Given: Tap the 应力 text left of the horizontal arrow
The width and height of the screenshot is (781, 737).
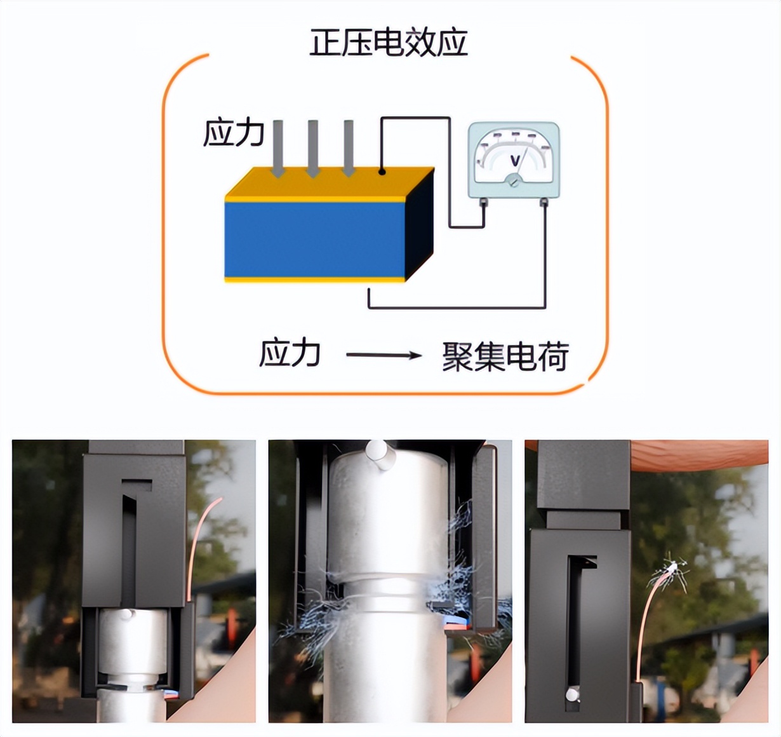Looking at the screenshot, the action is click(x=290, y=353).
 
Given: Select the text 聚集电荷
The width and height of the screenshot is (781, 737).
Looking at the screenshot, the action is click(x=505, y=356).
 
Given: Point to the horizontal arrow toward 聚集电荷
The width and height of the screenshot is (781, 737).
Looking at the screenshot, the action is click(x=384, y=355).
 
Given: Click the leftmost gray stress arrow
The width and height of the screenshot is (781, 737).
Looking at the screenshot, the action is click(x=277, y=149).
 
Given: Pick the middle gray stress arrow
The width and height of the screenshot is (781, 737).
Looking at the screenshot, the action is click(x=312, y=149).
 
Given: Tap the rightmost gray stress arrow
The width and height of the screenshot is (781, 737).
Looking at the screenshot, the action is click(x=348, y=149).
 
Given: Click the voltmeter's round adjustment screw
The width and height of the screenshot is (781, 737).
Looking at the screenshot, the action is click(x=513, y=180).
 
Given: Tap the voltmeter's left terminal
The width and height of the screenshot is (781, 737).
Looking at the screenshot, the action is click(x=483, y=202).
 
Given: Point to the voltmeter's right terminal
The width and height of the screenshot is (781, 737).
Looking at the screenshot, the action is click(x=544, y=202).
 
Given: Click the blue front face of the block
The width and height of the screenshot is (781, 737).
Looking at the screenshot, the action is click(x=314, y=240).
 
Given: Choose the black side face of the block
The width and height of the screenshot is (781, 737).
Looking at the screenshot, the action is click(x=420, y=224).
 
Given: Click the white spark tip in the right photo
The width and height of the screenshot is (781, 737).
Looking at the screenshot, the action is click(x=672, y=567).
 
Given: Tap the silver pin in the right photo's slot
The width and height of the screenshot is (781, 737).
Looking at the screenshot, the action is click(x=573, y=695).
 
